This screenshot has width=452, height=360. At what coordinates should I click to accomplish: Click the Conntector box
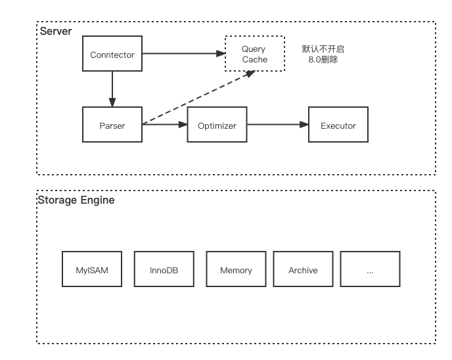[x=112, y=55]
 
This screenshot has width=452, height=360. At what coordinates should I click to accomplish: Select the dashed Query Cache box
[x=255, y=54]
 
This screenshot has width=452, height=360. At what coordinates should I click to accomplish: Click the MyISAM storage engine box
[x=92, y=269]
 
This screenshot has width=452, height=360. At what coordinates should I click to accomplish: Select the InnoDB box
[x=164, y=269]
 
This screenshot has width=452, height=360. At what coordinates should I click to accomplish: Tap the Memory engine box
[x=236, y=269]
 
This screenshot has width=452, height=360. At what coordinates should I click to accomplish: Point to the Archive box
[x=303, y=269]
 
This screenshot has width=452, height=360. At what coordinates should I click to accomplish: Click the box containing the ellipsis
[x=370, y=269]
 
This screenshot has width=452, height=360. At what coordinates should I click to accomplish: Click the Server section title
[x=56, y=32]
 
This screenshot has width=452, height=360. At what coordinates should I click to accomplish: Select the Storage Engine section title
[x=76, y=200]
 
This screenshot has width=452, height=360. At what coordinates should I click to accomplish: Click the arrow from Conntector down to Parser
[x=112, y=89]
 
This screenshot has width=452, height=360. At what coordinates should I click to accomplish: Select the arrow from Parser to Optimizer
[x=164, y=125]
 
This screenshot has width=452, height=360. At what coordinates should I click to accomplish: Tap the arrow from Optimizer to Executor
[x=277, y=125]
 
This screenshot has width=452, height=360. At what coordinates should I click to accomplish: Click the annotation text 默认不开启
[x=323, y=49]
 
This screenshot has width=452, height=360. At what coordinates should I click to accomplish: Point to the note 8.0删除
[x=323, y=60]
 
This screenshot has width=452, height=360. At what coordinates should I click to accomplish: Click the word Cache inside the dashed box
[x=255, y=60]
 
